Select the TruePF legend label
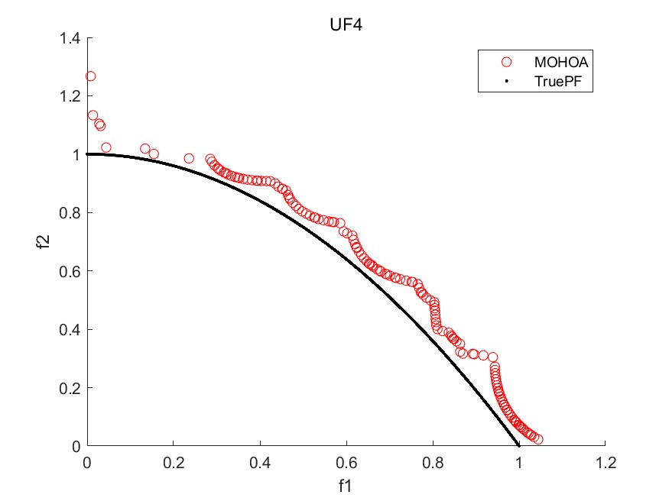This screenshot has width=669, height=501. click(554, 79)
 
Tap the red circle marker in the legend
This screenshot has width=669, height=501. click(505, 61)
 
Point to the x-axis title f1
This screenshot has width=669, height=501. click(346, 485)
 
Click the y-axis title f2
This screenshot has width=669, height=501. click(45, 242)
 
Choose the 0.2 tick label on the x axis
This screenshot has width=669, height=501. click(174, 462)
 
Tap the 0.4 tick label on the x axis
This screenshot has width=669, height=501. click(260, 462)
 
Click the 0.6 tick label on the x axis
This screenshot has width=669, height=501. click(346, 462)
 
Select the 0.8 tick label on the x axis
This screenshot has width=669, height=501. click(433, 462)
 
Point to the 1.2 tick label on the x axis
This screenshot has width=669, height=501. click(606, 462)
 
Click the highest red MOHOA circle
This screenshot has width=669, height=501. click(90, 76)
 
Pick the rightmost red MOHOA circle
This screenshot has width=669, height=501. click(538, 439)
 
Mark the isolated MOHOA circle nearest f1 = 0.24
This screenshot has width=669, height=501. click(189, 158)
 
